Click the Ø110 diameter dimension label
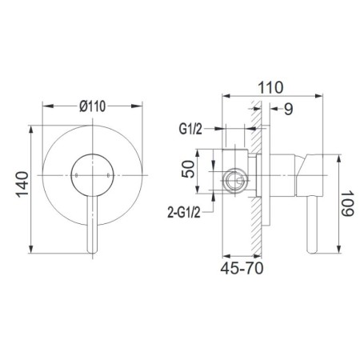click(x=93, y=106)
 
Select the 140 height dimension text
click(x=22, y=185)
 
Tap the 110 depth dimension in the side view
click(x=270, y=87)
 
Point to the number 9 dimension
click(x=288, y=109)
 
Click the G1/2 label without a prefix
click(x=190, y=130)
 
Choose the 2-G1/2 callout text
click(x=184, y=213)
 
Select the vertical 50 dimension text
click(x=188, y=169)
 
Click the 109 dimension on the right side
click(x=347, y=203)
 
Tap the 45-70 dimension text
click(x=242, y=268)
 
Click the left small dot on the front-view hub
click(x=77, y=175)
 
